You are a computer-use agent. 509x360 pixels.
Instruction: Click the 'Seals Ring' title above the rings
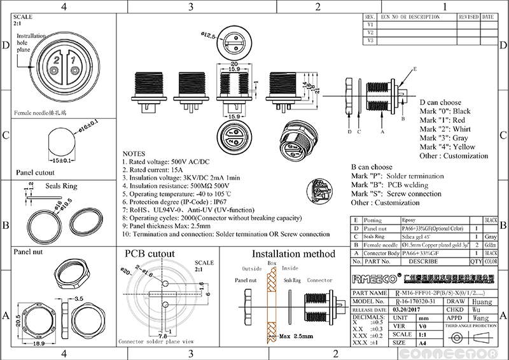pos(61,187)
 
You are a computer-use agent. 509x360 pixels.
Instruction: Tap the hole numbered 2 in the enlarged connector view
pos(56,62)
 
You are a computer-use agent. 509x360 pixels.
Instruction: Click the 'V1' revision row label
pos(370,24)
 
